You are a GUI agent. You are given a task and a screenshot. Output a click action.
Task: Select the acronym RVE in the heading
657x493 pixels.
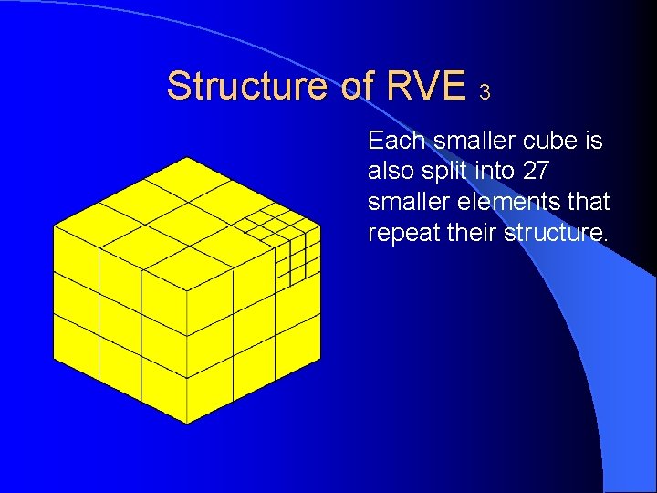tap(426, 86)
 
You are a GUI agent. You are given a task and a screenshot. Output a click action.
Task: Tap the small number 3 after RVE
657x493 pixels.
tap(485, 92)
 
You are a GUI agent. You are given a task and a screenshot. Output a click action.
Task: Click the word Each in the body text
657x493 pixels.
tap(396, 141)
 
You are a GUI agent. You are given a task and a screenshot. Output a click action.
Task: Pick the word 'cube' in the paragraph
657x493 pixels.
tap(548, 141)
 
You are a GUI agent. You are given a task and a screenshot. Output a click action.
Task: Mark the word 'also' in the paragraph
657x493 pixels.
tap(393, 171)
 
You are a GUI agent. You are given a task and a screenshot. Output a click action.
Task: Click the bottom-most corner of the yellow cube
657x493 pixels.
tap(187, 424)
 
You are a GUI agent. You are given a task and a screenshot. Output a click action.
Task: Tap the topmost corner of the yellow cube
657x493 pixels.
tap(187, 157)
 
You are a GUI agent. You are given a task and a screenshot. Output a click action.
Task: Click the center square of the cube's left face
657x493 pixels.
tap(120, 300)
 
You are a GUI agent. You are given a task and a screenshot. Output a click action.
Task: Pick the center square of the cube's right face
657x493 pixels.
tap(254, 300)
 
